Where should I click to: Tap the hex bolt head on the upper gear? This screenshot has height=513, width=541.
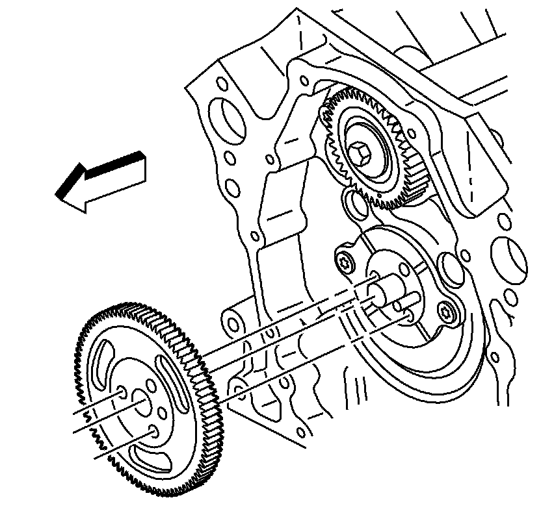[360, 156]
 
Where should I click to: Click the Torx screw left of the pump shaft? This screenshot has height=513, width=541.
[344, 262]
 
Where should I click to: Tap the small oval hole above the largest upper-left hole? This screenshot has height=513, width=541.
[222, 85]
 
